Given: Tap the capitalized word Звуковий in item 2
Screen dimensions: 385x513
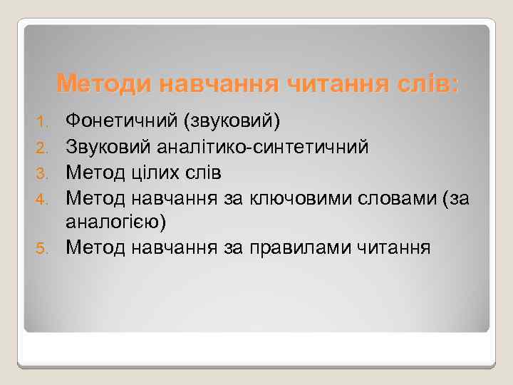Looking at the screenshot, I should tap(110, 147).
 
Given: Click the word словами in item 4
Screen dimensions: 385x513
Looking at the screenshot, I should tap(392, 198).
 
